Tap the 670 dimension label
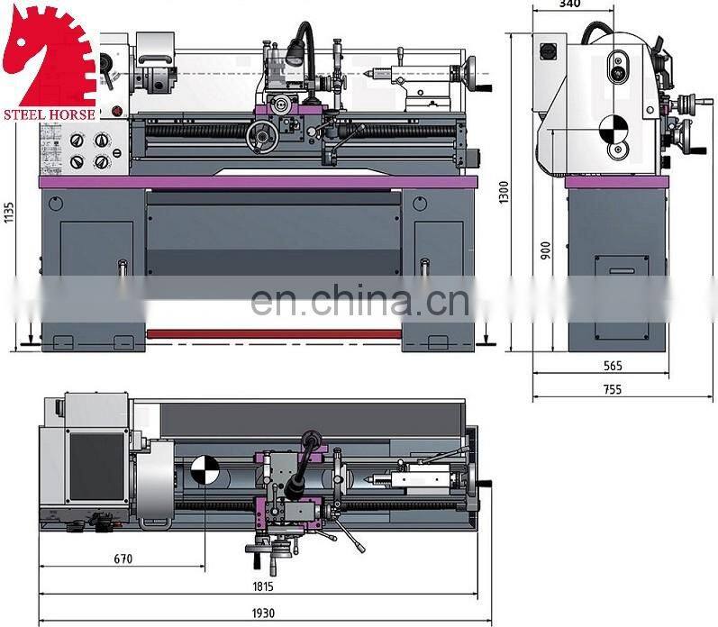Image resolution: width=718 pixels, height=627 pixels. pyautogui.click(x=123, y=559)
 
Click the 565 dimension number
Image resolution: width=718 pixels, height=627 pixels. pyautogui.click(x=613, y=367)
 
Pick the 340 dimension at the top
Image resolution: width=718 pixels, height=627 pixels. pyautogui.click(x=568, y=5)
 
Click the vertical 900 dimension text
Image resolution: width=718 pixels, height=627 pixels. pyautogui.click(x=544, y=250)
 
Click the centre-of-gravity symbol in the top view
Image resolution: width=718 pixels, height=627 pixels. pyautogui.click(x=204, y=470)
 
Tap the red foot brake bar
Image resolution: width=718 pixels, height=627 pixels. pyautogui.click(x=274, y=333)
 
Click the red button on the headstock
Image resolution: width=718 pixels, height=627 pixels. pyautogui.click(x=116, y=112)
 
